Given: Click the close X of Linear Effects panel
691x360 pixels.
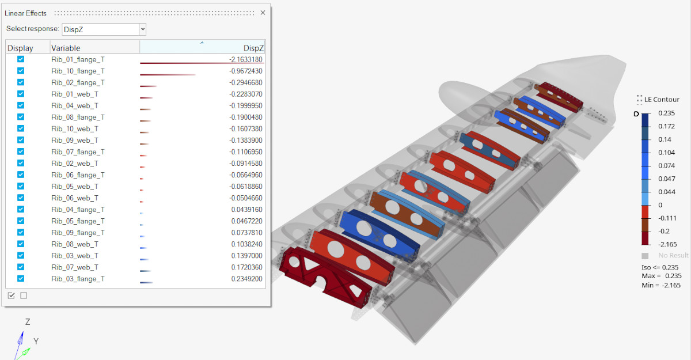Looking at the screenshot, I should (263, 13).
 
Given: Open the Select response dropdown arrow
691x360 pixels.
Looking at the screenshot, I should (143, 29).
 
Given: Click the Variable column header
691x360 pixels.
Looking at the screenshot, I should (66, 48).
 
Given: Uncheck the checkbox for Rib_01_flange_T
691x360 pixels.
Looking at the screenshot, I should (21, 59).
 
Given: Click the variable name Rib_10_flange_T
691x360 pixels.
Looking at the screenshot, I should (78, 71).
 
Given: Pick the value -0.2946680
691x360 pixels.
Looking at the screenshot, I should (245, 82).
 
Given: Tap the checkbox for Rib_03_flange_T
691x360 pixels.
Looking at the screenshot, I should (21, 278).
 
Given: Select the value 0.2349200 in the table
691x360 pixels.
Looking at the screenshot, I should (246, 279).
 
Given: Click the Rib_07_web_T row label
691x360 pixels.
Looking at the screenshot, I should (74, 267).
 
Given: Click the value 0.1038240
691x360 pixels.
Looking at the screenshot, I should (246, 244).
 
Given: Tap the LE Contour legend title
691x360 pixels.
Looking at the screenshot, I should (662, 99).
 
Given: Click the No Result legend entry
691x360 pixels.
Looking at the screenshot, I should (673, 255).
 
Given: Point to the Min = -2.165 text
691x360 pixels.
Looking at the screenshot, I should (661, 285).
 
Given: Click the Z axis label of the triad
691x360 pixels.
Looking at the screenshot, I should (27, 322).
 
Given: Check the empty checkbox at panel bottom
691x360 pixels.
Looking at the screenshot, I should (24, 295).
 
